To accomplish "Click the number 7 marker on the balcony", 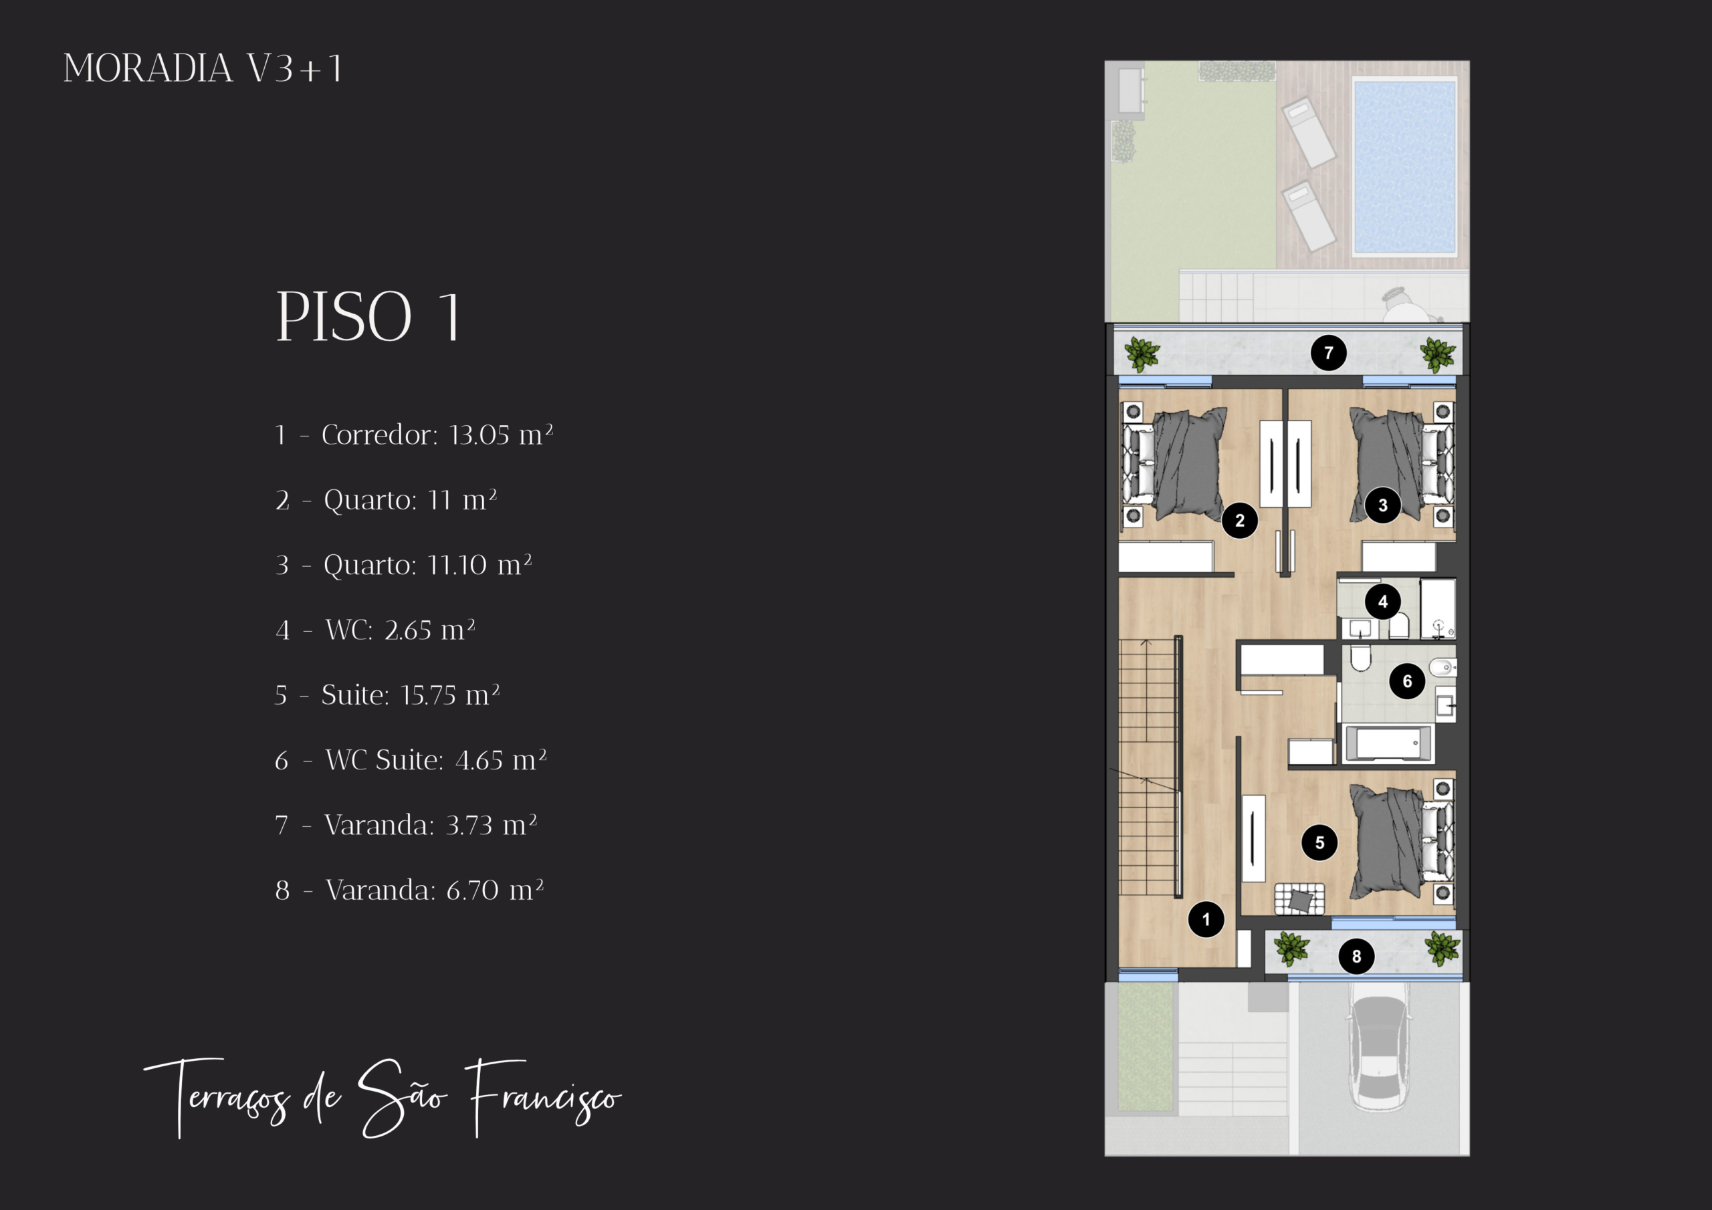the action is pos(1329,352).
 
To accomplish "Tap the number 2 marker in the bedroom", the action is pos(1240,520).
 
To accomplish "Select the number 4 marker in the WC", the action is pos(1383,602).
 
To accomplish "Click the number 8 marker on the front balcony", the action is pos(1356,956).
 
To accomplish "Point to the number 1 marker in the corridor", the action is pos(1206,919).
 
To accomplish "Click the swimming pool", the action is pos(1405,167).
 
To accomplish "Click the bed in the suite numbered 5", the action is pos(1402,841).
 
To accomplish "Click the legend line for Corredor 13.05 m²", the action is pos(414,435).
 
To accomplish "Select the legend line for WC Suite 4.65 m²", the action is pos(411,759).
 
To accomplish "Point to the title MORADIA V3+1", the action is pos(203,69).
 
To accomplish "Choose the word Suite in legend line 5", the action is pos(356,695).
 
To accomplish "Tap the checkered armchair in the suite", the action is pos(1299,898).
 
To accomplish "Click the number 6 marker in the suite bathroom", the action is pos(1407,681).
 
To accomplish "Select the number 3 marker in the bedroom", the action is pos(1383,505).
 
